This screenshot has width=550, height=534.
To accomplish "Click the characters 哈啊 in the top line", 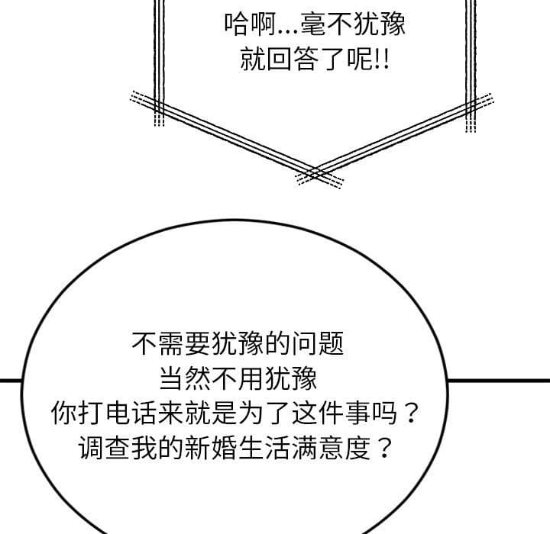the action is [250, 24].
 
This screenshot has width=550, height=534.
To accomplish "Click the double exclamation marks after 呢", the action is [382, 59].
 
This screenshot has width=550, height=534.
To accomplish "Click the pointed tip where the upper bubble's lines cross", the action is [317, 174].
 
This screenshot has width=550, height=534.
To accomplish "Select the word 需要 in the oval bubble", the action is [185, 343].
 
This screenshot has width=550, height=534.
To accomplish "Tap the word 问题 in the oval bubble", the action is [318, 343].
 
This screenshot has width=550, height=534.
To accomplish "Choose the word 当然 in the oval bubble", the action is [185, 378].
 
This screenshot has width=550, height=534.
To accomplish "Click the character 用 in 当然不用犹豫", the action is [251, 378].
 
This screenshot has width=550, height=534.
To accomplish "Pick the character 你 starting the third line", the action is [64, 413].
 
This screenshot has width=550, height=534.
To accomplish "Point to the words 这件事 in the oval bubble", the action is [331, 413].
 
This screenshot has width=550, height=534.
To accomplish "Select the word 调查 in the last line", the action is [104, 448].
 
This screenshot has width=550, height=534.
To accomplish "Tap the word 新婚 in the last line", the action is [211, 448].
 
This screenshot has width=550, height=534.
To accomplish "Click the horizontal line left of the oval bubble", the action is [11, 381].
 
